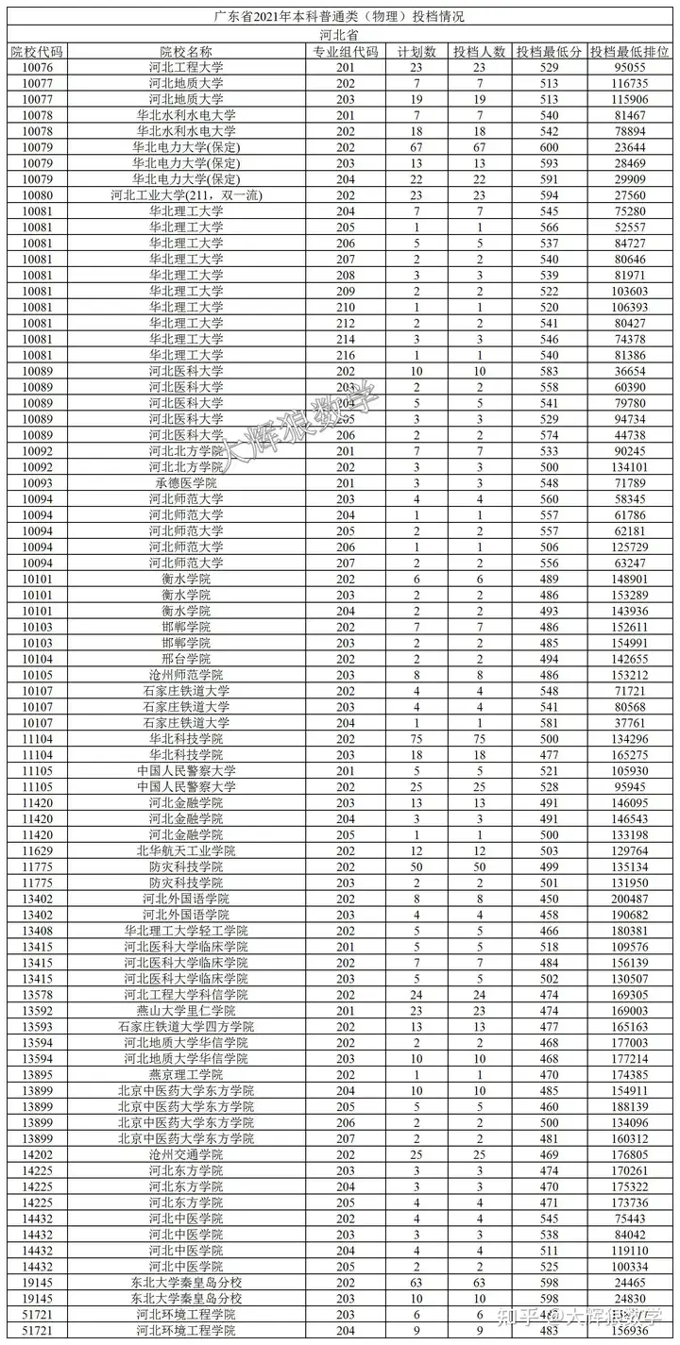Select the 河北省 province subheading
tap(339, 35)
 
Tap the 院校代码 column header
tap(36, 52)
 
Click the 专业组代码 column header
tap(345, 52)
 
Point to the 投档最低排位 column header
tap(630, 52)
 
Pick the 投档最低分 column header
tap(549, 52)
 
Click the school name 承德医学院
tap(186, 483)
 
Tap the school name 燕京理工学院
tap(186, 1075)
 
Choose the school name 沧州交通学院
tap(186, 1154)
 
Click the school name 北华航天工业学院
tap(186, 850)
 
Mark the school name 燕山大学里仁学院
tap(186, 1011)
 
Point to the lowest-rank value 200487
tap(630, 899)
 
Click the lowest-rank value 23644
tap(630, 147)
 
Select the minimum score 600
tap(549, 147)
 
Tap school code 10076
tap(36, 68)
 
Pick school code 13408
tap(36, 931)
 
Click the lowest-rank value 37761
tap(630, 723)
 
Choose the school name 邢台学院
tap(186, 659)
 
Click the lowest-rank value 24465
tap(630, 1283)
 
